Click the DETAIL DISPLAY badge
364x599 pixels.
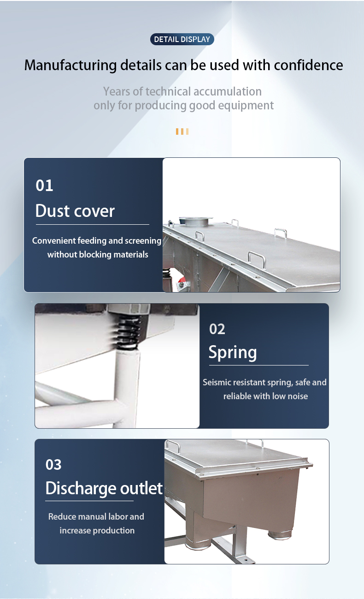(x=182, y=39)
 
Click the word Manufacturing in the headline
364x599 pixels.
(x=70, y=65)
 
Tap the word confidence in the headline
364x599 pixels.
(x=308, y=65)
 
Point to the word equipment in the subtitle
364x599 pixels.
(x=246, y=105)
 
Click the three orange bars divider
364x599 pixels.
(x=182, y=132)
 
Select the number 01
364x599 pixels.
(x=44, y=186)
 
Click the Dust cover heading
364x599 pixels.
(x=75, y=211)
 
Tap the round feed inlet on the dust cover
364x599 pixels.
(x=196, y=221)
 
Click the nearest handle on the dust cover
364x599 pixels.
(x=257, y=258)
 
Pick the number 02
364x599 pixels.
(x=217, y=329)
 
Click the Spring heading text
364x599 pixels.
(x=233, y=353)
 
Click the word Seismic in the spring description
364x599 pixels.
(x=217, y=382)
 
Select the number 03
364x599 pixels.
(x=53, y=465)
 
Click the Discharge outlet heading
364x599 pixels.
(x=104, y=488)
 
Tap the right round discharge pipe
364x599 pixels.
(x=280, y=534)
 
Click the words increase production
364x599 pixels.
(x=97, y=530)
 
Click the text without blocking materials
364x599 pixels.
(x=98, y=254)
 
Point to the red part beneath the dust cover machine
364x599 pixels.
(x=182, y=280)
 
